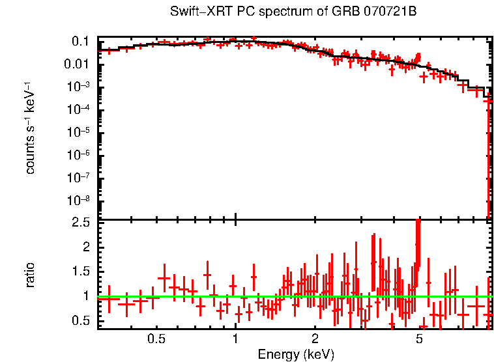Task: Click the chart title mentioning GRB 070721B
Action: (293, 12)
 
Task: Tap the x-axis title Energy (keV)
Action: (295, 354)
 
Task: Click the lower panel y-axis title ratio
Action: (30, 274)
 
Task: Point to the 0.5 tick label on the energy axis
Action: (156, 339)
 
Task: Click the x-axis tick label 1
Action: (235, 339)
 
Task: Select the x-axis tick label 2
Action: (315, 339)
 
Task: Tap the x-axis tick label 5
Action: (420, 339)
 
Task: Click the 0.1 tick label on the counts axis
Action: (80, 42)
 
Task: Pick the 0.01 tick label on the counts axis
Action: (77, 64)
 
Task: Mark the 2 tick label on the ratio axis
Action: (85, 247)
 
